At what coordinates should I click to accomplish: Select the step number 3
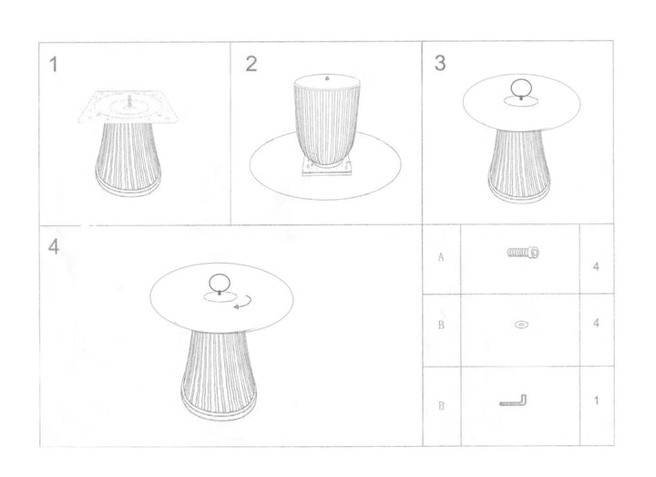(x=440, y=63)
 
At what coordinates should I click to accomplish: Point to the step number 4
(x=54, y=249)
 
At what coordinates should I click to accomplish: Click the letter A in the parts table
(x=441, y=257)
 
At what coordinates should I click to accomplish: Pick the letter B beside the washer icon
(x=441, y=325)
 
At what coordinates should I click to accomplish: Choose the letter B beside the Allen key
(x=441, y=402)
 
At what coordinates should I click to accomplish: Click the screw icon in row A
(x=524, y=254)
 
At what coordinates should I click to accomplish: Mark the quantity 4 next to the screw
(x=595, y=268)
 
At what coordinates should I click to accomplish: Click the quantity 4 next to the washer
(x=595, y=324)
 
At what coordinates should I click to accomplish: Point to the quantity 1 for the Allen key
(x=595, y=400)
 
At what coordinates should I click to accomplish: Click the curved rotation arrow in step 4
(x=243, y=304)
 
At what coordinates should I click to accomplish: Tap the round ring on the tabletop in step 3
(x=520, y=90)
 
